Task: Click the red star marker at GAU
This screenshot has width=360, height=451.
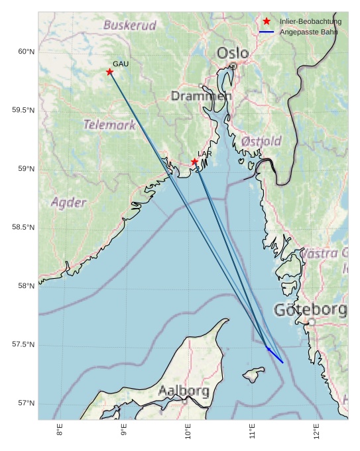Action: coord(110,72)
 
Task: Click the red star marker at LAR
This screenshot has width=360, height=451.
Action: coord(194,162)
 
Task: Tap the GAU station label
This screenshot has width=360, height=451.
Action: coord(121,64)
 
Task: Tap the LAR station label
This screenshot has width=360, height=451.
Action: coord(205,154)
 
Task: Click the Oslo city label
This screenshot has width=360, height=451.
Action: coord(233,53)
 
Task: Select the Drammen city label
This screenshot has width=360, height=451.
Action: coord(202,96)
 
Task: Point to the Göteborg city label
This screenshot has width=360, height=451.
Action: coord(310,310)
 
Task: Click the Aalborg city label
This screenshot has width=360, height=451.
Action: coord(184,391)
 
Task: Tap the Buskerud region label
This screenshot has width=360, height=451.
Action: coord(130,26)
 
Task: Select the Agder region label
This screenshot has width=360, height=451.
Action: coord(68,203)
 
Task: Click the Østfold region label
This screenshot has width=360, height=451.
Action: coord(261,141)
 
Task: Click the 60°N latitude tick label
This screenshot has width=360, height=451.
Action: coord(26,52)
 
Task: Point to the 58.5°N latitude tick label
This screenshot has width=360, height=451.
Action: coord(23,228)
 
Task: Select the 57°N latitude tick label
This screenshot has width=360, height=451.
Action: coord(26,403)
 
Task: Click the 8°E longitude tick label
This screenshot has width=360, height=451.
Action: coord(60,430)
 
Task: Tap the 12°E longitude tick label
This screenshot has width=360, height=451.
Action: coord(316,430)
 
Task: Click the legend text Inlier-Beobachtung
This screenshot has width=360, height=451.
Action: coord(310,21)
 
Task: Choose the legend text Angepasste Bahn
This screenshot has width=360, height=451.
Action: coord(309,32)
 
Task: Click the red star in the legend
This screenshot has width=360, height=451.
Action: coord(267,21)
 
